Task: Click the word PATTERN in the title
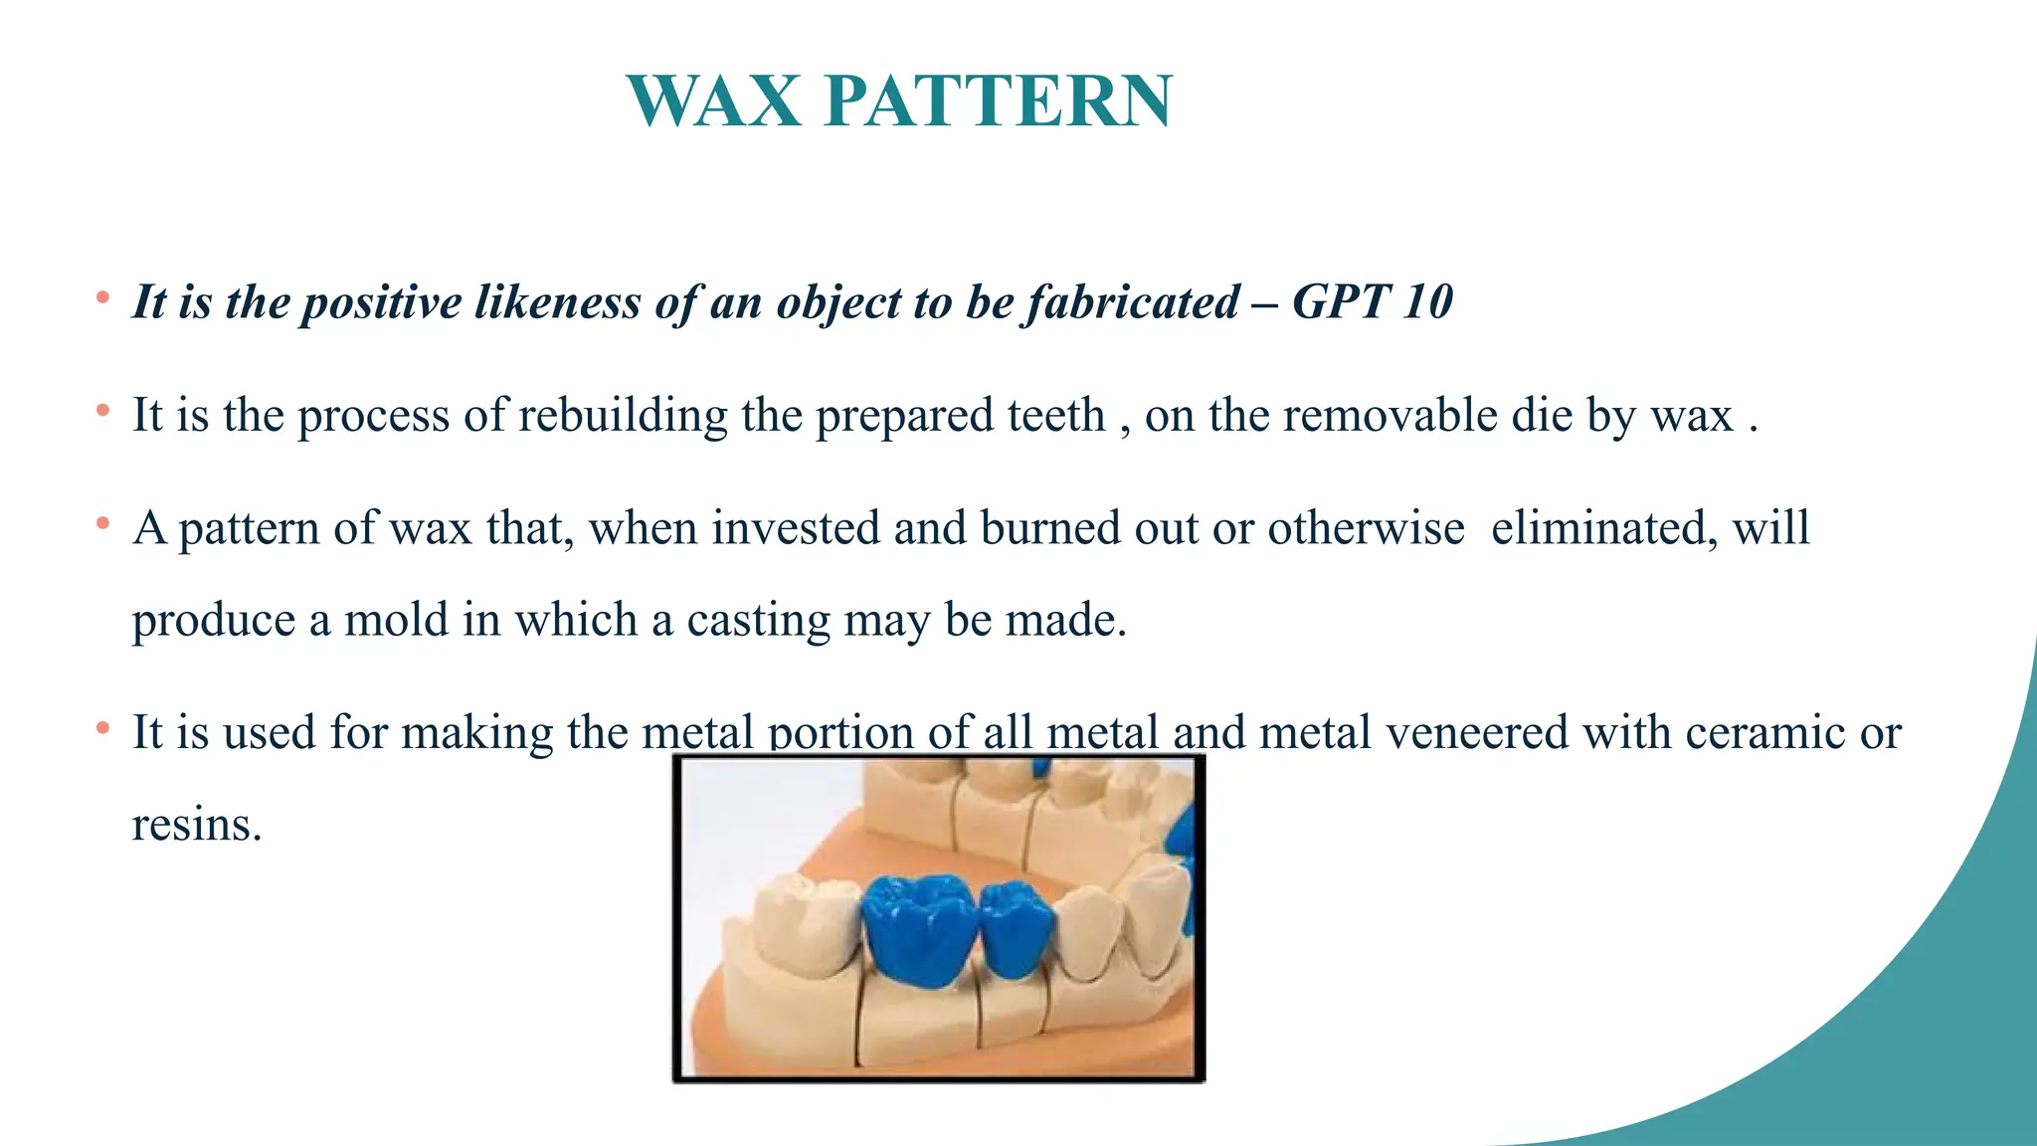pyautogui.click(x=999, y=101)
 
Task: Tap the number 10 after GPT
pyautogui.click(x=1427, y=301)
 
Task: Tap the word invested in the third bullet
pyautogui.click(x=796, y=527)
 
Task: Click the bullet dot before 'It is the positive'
pyautogui.click(x=102, y=296)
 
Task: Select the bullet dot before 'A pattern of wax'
pyautogui.click(x=102, y=522)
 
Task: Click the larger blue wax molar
pyautogui.click(x=917, y=930)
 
